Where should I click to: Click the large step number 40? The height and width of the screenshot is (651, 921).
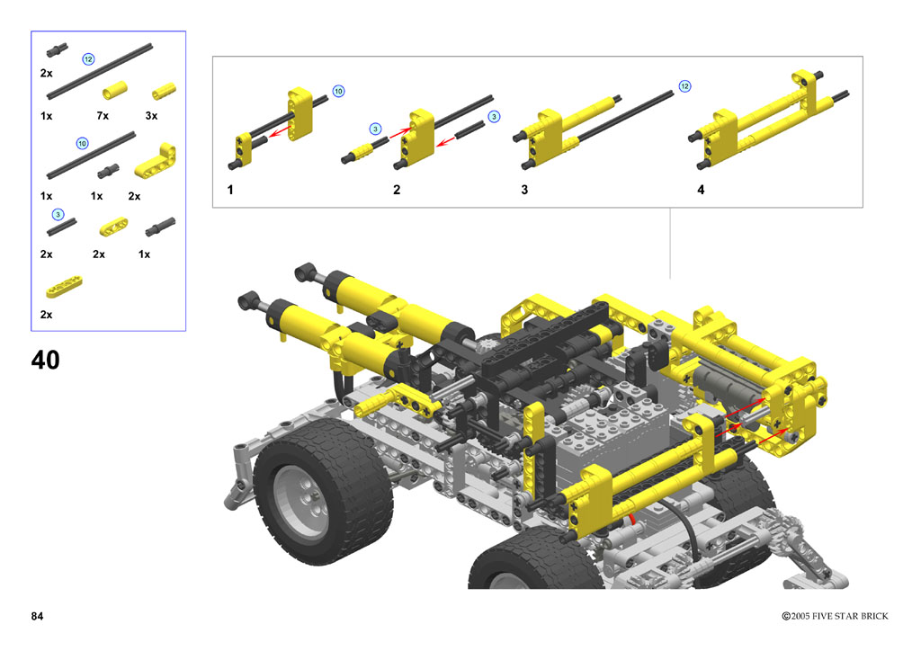point(45,360)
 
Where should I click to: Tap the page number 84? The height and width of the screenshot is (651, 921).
point(37,616)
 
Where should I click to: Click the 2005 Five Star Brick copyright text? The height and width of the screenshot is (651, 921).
point(835,616)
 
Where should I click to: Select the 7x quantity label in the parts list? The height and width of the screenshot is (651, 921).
point(103,116)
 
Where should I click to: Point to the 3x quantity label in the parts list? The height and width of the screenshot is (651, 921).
point(151,116)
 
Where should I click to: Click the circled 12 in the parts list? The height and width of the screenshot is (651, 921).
point(88,59)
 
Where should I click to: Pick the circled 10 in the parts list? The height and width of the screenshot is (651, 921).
point(82,143)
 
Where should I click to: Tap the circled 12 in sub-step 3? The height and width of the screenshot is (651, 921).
point(684,86)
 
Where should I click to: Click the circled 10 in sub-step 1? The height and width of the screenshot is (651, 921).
point(338,91)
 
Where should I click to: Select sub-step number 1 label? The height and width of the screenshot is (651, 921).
point(230,190)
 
